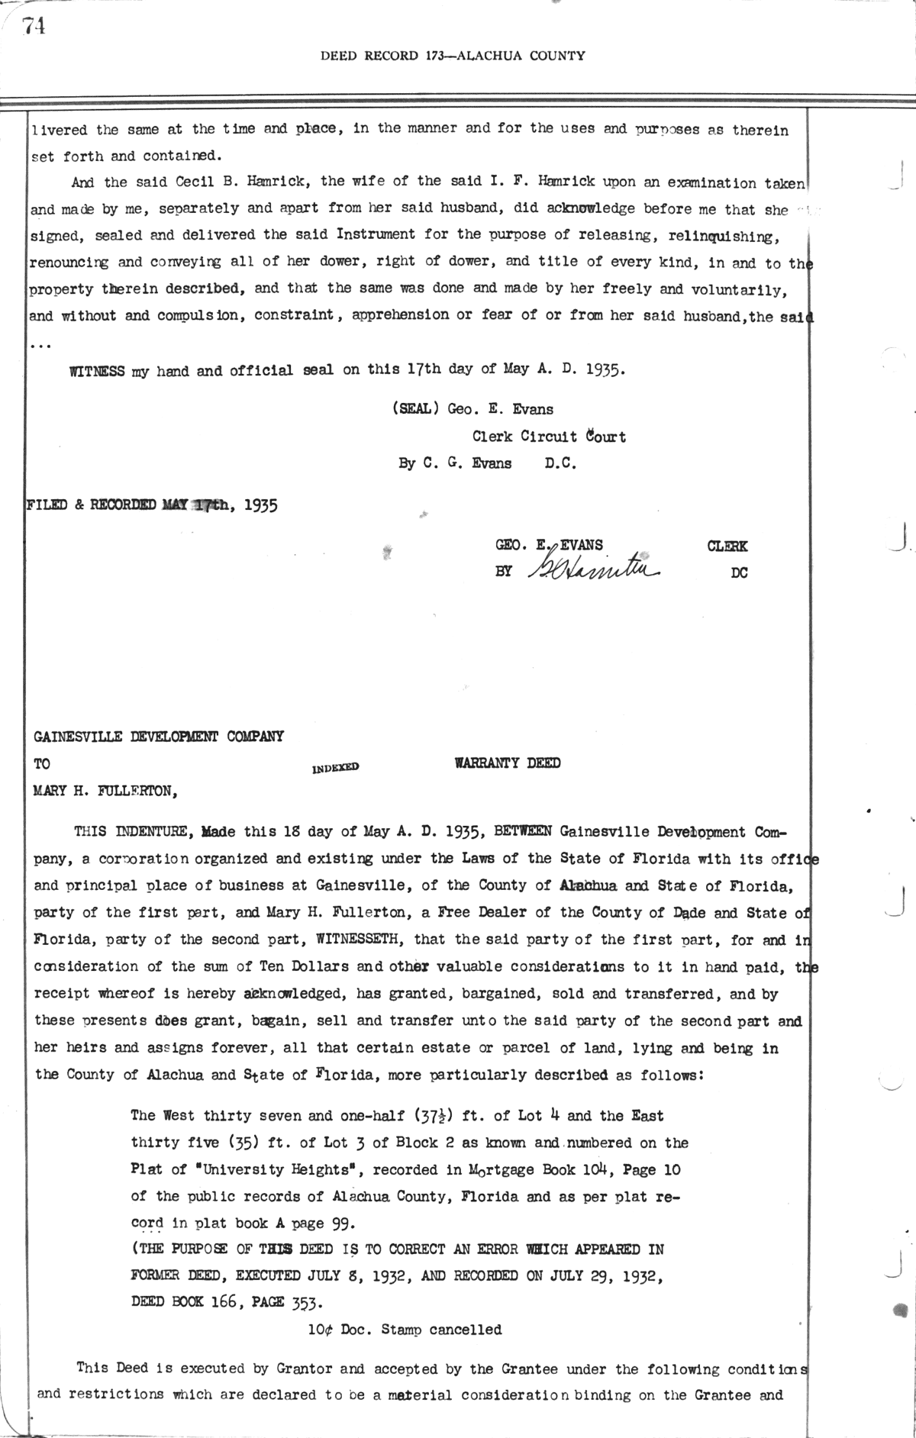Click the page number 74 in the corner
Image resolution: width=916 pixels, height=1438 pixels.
(34, 26)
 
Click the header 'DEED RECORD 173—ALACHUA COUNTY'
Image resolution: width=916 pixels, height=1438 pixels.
(453, 56)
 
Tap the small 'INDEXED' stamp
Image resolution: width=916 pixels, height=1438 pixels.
(335, 768)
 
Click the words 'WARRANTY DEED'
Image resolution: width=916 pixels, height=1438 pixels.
(508, 763)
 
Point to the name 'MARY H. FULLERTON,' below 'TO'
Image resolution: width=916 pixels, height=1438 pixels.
(106, 791)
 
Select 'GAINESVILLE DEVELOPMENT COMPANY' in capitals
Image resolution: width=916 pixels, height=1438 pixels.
(159, 737)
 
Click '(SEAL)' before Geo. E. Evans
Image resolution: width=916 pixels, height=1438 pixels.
(415, 409)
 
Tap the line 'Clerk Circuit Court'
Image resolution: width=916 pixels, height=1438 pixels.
(549, 437)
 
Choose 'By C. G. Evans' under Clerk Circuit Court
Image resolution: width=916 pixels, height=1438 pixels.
(455, 463)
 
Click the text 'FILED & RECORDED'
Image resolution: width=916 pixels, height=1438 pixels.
(92, 505)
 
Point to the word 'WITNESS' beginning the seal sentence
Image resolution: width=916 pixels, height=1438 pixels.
(97, 372)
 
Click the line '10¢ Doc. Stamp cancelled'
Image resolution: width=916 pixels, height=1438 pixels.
(405, 1330)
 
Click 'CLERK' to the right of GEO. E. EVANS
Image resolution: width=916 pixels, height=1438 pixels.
(727, 546)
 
